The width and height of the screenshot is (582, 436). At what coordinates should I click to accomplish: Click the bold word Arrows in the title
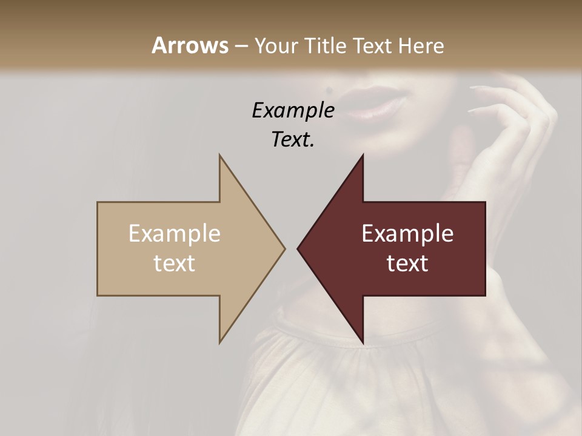pyautogui.click(x=190, y=45)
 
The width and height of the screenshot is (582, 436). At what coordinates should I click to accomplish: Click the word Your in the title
pyautogui.click(x=275, y=46)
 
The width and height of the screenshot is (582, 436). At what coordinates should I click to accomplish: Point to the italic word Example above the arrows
pyautogui.click(x=293, y=110)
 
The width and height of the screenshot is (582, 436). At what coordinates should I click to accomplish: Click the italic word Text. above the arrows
pyautogui.click(x=293, y=139)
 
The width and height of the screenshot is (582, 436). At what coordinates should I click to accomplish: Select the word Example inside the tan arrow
pyautogui.click(x=175, y=233)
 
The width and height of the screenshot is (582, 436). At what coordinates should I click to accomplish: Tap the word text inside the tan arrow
pyautogui.click(x=175, y=263)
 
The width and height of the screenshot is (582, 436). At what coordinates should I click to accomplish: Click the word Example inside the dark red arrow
pyautogui.click(x=407, y=233)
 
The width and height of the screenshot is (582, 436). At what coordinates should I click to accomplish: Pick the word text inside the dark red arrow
pyautogui.click(x=407, y=263)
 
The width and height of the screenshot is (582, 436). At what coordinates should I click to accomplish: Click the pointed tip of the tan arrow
pyautogui.click(x=284, y=248)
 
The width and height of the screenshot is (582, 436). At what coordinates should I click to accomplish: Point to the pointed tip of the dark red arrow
pyautogui.click(x=298, y=248)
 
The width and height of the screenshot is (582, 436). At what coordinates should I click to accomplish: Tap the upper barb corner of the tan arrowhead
pyautogui.click(x=220, y=155)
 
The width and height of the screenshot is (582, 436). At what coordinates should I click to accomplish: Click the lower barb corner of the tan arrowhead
pyautogui.click(x=220, y=343)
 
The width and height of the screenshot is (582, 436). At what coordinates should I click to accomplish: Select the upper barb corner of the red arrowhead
pyautogui.click(x=363, y=155)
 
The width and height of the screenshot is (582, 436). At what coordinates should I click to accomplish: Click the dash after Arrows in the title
pyautogui.click(x=241, y=46)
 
